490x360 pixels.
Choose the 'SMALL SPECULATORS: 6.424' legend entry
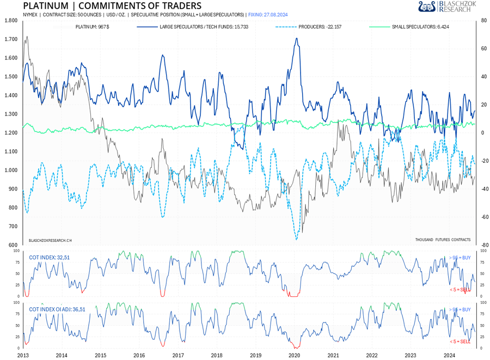[420, 26]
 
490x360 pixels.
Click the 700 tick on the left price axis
[12, 227]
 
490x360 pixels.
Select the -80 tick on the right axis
[482, 245]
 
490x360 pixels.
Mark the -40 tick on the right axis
[482, 189]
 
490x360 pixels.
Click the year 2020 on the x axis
[294, 355]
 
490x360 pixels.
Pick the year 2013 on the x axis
[23, 355]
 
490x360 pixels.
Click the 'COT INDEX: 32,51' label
[50, 258]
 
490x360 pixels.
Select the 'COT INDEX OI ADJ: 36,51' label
[57, 309]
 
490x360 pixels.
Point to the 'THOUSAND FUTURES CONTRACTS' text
[442, 240]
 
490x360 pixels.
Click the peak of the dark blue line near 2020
[296, 38]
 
